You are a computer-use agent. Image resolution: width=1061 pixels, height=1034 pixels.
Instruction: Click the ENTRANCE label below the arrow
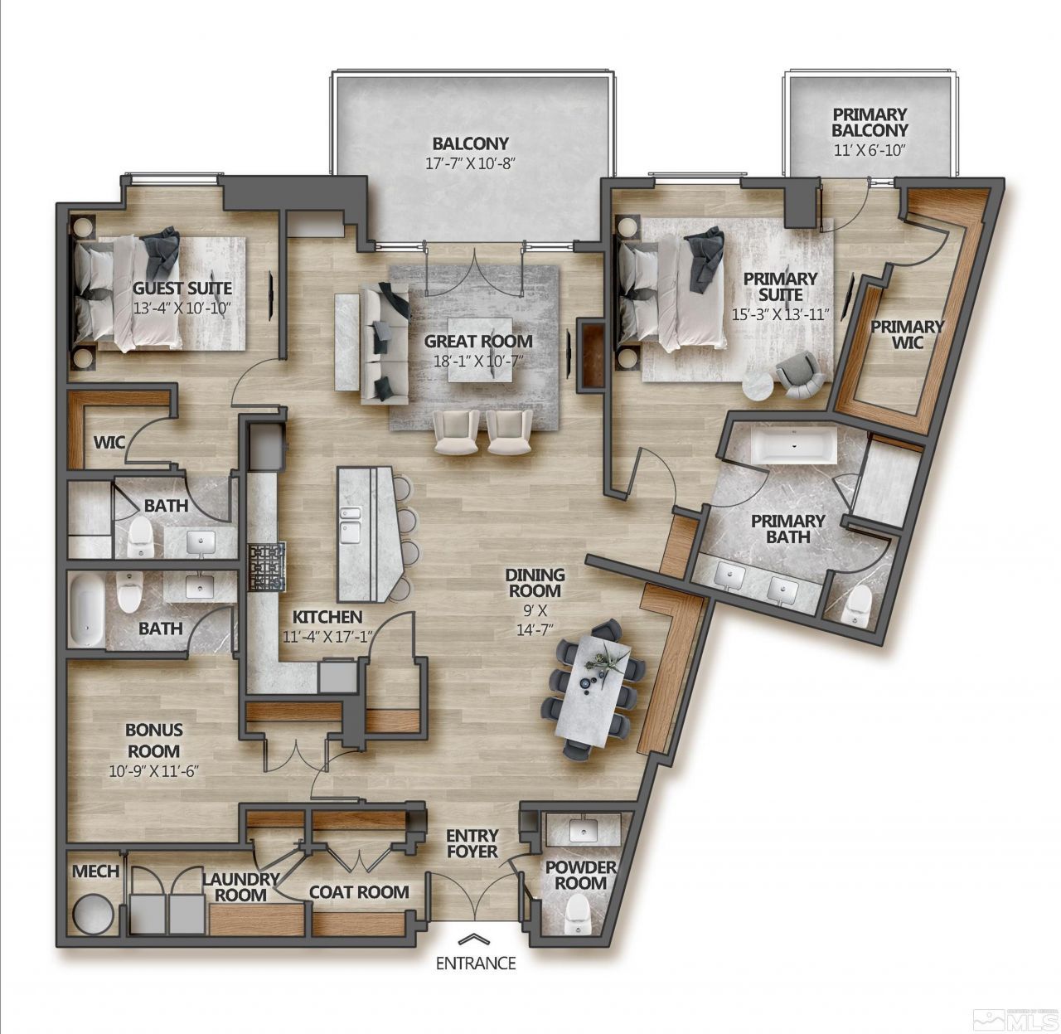pyautogui.click(x=476, y=964)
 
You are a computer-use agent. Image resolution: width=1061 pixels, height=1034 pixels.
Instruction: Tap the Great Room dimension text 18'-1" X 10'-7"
pyautogui.click(x=478, y=360)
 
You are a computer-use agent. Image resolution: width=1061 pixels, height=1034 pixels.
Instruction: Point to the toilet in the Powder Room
pyautogui.click(x=575, y=915)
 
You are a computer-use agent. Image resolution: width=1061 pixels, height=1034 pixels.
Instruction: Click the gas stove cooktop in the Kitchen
pyautogui.click(x=266, y=567)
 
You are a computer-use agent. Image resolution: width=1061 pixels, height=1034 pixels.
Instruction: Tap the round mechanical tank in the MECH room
pyautogui.click(x=90, y=915)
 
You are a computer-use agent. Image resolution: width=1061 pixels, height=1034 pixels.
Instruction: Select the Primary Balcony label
pyautogui.click(x=870, y=122)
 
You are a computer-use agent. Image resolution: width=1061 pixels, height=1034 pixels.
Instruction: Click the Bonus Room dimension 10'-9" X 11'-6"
pyautogui.click(x=153, y=769)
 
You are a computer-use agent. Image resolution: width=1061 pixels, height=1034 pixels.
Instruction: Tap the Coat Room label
pyautogui.click(x=358, y=892)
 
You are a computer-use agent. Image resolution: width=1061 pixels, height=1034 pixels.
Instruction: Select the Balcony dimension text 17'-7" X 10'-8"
pyautogui.click(x=470, y=163)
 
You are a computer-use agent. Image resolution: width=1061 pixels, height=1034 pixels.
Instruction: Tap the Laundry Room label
pyautogui.click(x=241, y=886)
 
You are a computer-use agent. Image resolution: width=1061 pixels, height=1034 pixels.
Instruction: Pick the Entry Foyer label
pyautogui.click(x=472, y=843)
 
